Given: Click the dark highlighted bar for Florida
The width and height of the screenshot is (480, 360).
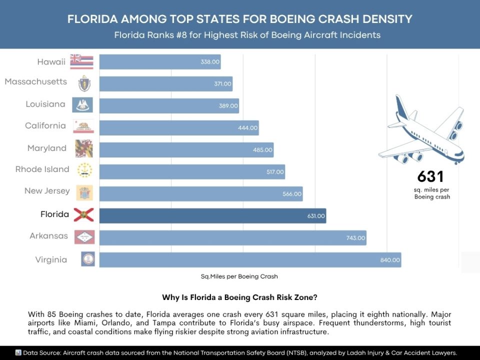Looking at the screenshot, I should click(x=212, y=216).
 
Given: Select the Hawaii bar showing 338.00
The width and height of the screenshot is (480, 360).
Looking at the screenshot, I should click(x=160, y=62).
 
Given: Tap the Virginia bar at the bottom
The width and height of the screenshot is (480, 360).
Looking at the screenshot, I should click(x=250, y=260).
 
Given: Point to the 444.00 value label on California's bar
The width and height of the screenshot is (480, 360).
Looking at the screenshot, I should click(x=248, y=128).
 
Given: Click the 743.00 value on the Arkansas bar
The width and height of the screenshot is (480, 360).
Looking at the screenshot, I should click(x=355, y=238).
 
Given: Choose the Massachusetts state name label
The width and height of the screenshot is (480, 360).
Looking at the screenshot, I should click(x=35, y=81).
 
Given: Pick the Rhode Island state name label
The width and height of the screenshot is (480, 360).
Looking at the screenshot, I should click(x=42, y=169).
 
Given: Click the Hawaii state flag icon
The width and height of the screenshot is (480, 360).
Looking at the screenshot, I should click(x=82, y=61).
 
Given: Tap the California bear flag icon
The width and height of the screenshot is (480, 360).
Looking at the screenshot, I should click(x=83, y=126).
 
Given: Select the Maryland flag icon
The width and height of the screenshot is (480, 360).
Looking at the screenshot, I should click(x=83, y=148).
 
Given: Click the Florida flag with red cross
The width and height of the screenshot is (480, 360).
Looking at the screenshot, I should click(x=83, y=215).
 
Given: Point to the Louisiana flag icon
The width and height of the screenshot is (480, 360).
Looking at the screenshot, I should click(x=82, y=104).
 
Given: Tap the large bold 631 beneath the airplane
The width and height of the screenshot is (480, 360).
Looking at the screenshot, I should click(x=430, y=177).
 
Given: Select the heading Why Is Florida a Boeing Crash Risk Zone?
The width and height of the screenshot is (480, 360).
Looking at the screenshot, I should click(x=239, y=297).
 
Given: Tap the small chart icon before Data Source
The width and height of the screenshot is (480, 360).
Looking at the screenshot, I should click(x=18, y=352).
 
